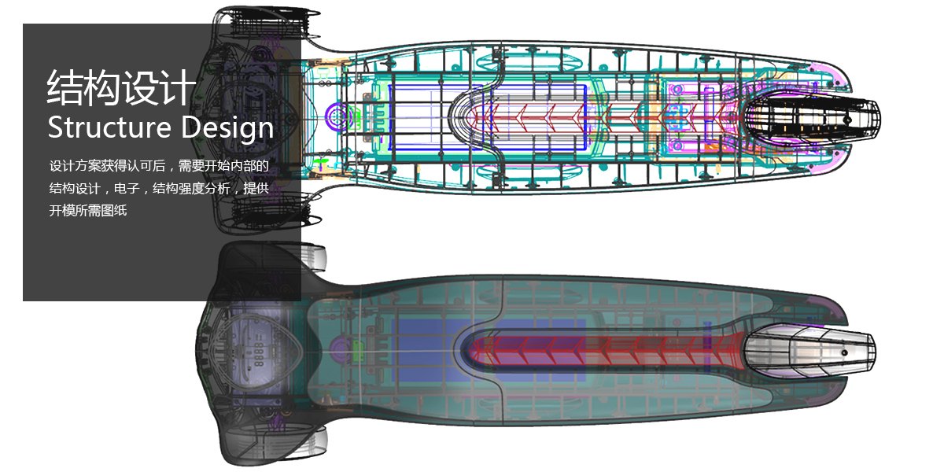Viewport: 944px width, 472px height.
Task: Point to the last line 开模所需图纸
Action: click(88, 210)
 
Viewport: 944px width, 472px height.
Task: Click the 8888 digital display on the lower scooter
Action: click(258, 356)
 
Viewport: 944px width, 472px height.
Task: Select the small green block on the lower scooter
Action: click(364, 347)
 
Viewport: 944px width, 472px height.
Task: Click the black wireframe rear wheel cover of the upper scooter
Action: click(810, 117)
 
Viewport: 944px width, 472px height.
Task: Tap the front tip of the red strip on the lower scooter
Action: click(472, 348)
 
